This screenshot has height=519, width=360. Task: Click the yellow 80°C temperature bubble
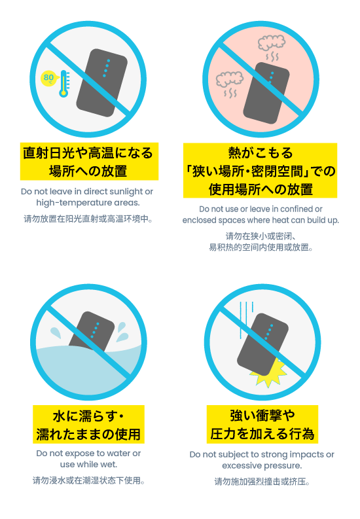click(x=48, y=78)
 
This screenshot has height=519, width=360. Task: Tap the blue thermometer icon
click(x=64, y=84)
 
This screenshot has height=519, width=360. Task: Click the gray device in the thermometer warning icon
click(x=102, y=82)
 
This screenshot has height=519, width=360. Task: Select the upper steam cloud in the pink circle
click(x=272, y=43)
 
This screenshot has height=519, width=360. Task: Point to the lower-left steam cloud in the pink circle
click(x=230, y=79)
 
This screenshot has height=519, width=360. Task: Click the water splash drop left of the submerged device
click(x=56, y=332)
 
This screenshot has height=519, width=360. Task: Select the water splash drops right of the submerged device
click(x=122, y=332)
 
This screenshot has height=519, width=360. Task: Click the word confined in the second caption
click(x=297, y=209)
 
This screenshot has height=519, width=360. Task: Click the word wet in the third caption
click(x=109, y=465)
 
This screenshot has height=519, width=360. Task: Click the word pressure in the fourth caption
click(x=285, y=466)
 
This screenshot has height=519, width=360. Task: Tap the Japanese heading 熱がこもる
click(x=261, y=153)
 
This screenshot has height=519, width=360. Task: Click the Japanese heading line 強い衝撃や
click(x=262, y=416)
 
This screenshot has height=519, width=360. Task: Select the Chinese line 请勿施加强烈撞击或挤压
click(x=262, y=482)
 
